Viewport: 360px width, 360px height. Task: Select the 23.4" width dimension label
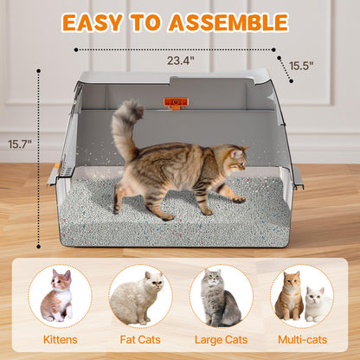click(x=180, y=61)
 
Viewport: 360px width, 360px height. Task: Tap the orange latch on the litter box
click(x=176, y=103)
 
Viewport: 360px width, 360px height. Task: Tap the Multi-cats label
click(x=301, y=340)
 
